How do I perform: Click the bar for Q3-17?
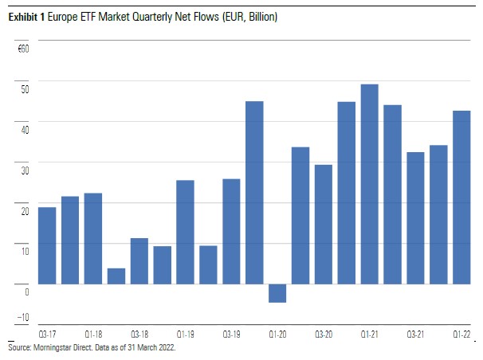pos(47,245)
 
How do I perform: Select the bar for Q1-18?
pos(93,238)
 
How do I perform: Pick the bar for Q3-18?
pos(139,260)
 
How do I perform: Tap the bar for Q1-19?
pos(185,232)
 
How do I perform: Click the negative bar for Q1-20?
pos(277,293)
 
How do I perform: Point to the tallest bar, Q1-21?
pos(370,184)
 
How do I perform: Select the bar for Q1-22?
pos(461,197)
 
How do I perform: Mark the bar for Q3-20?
pos(324,224)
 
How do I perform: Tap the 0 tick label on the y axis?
pos(26,292)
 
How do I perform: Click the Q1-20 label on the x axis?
pos(277,334)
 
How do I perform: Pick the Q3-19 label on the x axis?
pos(231,334)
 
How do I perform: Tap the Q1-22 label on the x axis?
pos(461,334)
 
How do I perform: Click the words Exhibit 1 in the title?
pos(28,17)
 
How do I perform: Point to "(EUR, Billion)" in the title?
pos(249,17)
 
